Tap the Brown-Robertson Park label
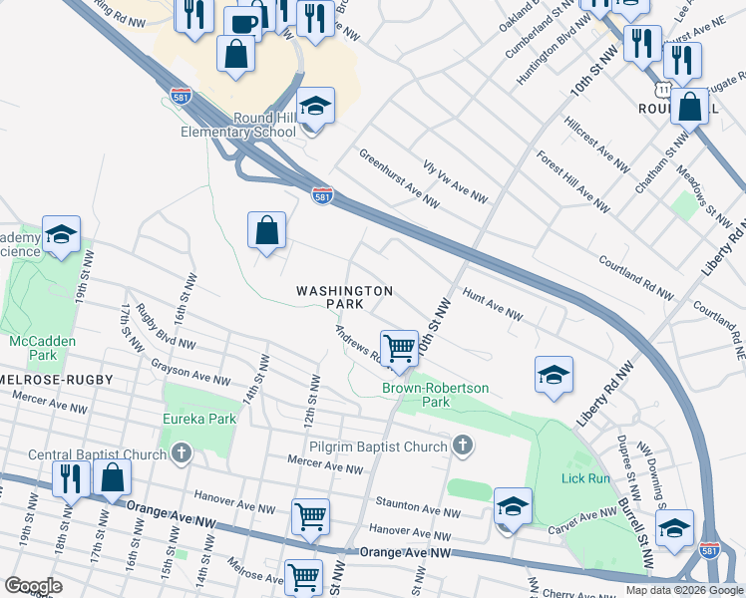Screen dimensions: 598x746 tap(431, 395)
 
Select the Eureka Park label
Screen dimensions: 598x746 tap(199, 419)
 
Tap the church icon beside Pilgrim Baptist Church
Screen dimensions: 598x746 tap(461, 447)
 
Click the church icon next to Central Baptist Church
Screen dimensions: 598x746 tap(181, 455)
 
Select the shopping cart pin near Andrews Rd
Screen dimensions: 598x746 tap(399, 348)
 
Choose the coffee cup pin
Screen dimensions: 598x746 tap(241, 21)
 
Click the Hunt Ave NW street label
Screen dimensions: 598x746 tap(493, 305)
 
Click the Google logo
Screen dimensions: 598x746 tap(32, 586)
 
